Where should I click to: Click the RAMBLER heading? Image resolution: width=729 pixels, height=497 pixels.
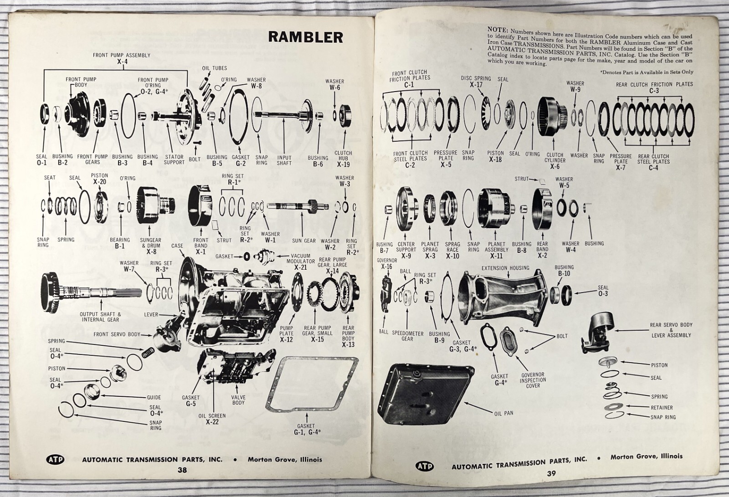coord(305,36)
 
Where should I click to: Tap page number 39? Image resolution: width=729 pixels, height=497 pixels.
coord(551,473)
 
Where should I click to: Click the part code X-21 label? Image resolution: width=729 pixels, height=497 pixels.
coord(300,267)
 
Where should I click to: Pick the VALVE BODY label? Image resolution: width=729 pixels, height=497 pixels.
coord(238,400)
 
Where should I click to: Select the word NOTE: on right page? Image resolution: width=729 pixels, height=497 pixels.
coord(497,30)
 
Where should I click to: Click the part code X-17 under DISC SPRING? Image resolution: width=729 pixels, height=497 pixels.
coord(476,85)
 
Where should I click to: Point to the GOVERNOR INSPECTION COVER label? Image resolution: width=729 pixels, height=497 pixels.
coord(533,380)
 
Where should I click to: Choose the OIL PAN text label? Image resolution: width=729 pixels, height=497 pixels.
coord(503,413)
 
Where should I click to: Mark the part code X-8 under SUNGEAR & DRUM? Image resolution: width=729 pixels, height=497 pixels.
coord(151,251)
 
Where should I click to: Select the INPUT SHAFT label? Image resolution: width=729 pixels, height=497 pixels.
coord(284,160)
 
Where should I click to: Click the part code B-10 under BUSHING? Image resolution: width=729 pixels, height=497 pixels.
coord(564,273)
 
